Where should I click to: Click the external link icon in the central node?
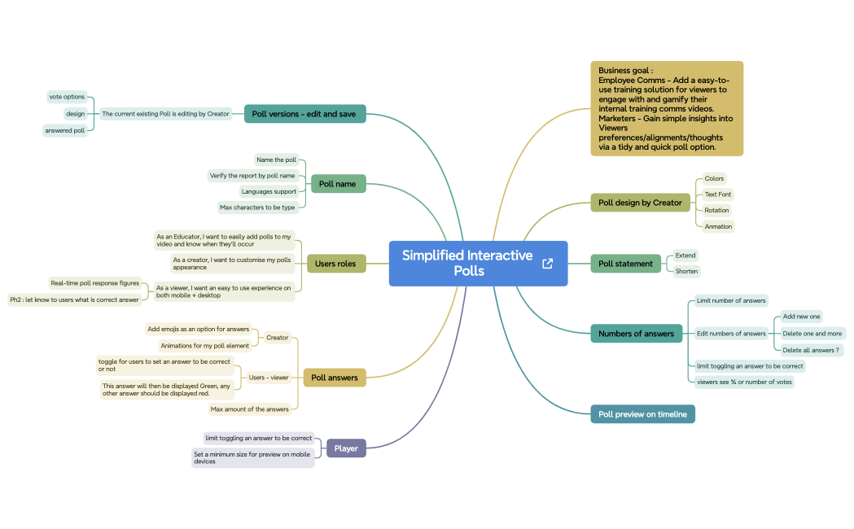click(547, 264)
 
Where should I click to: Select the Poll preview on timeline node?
click(642, 414)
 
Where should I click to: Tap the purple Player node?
click(346, 448)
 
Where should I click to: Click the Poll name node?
click(338, 184)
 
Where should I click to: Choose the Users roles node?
click(335, 264)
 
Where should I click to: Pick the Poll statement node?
click(626, 264)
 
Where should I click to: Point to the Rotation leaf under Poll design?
click(716, 210)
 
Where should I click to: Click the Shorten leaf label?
click(686, 271)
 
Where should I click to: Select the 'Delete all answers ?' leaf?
click(811, 350)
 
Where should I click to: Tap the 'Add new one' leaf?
click(801, 317)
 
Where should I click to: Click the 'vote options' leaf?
click(67, 97)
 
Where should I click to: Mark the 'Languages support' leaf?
click(269, 191)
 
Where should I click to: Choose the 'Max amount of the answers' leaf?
click(249, 409)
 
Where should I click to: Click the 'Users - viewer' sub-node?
click(269, 377)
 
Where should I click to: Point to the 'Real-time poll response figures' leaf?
click(94, 283)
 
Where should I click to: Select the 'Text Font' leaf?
click(718, 195)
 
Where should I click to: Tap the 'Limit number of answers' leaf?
click(731, 300)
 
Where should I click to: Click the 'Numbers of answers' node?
click(636, 334)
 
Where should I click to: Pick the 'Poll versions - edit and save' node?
click(304, 114)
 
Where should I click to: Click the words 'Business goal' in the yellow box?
click(624, 70)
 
